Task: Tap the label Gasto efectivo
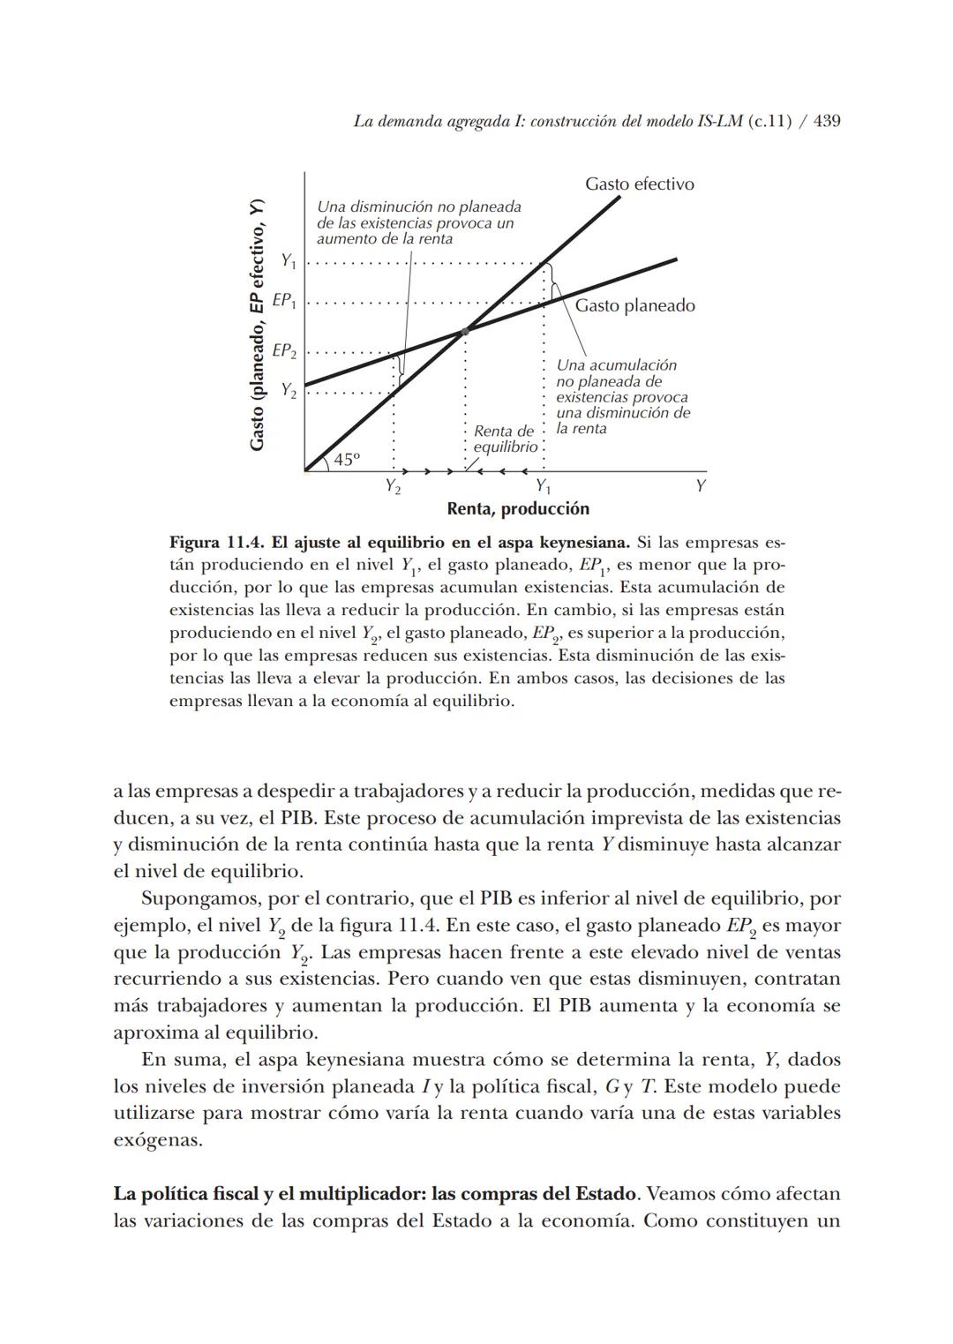[x=639, y=184]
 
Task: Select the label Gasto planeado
[x=634, y=306]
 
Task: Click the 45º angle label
[x=347, y=460]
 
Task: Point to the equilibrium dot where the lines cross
[x=465, y=331]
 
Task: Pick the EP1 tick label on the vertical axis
[x=284, y=301]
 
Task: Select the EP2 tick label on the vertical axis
[x=284, y=351]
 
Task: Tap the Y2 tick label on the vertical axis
[x=289, y=390]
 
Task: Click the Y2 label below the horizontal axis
[x=393, y=487]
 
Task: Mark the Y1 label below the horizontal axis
[x=544, y=487]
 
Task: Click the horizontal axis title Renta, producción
[x=517, y=509]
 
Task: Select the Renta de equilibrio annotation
[x=505, y=439]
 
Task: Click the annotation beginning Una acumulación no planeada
[x=622, y=397]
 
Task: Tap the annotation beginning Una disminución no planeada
[x=418, y=222]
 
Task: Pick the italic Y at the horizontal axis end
[x=701, y=487]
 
